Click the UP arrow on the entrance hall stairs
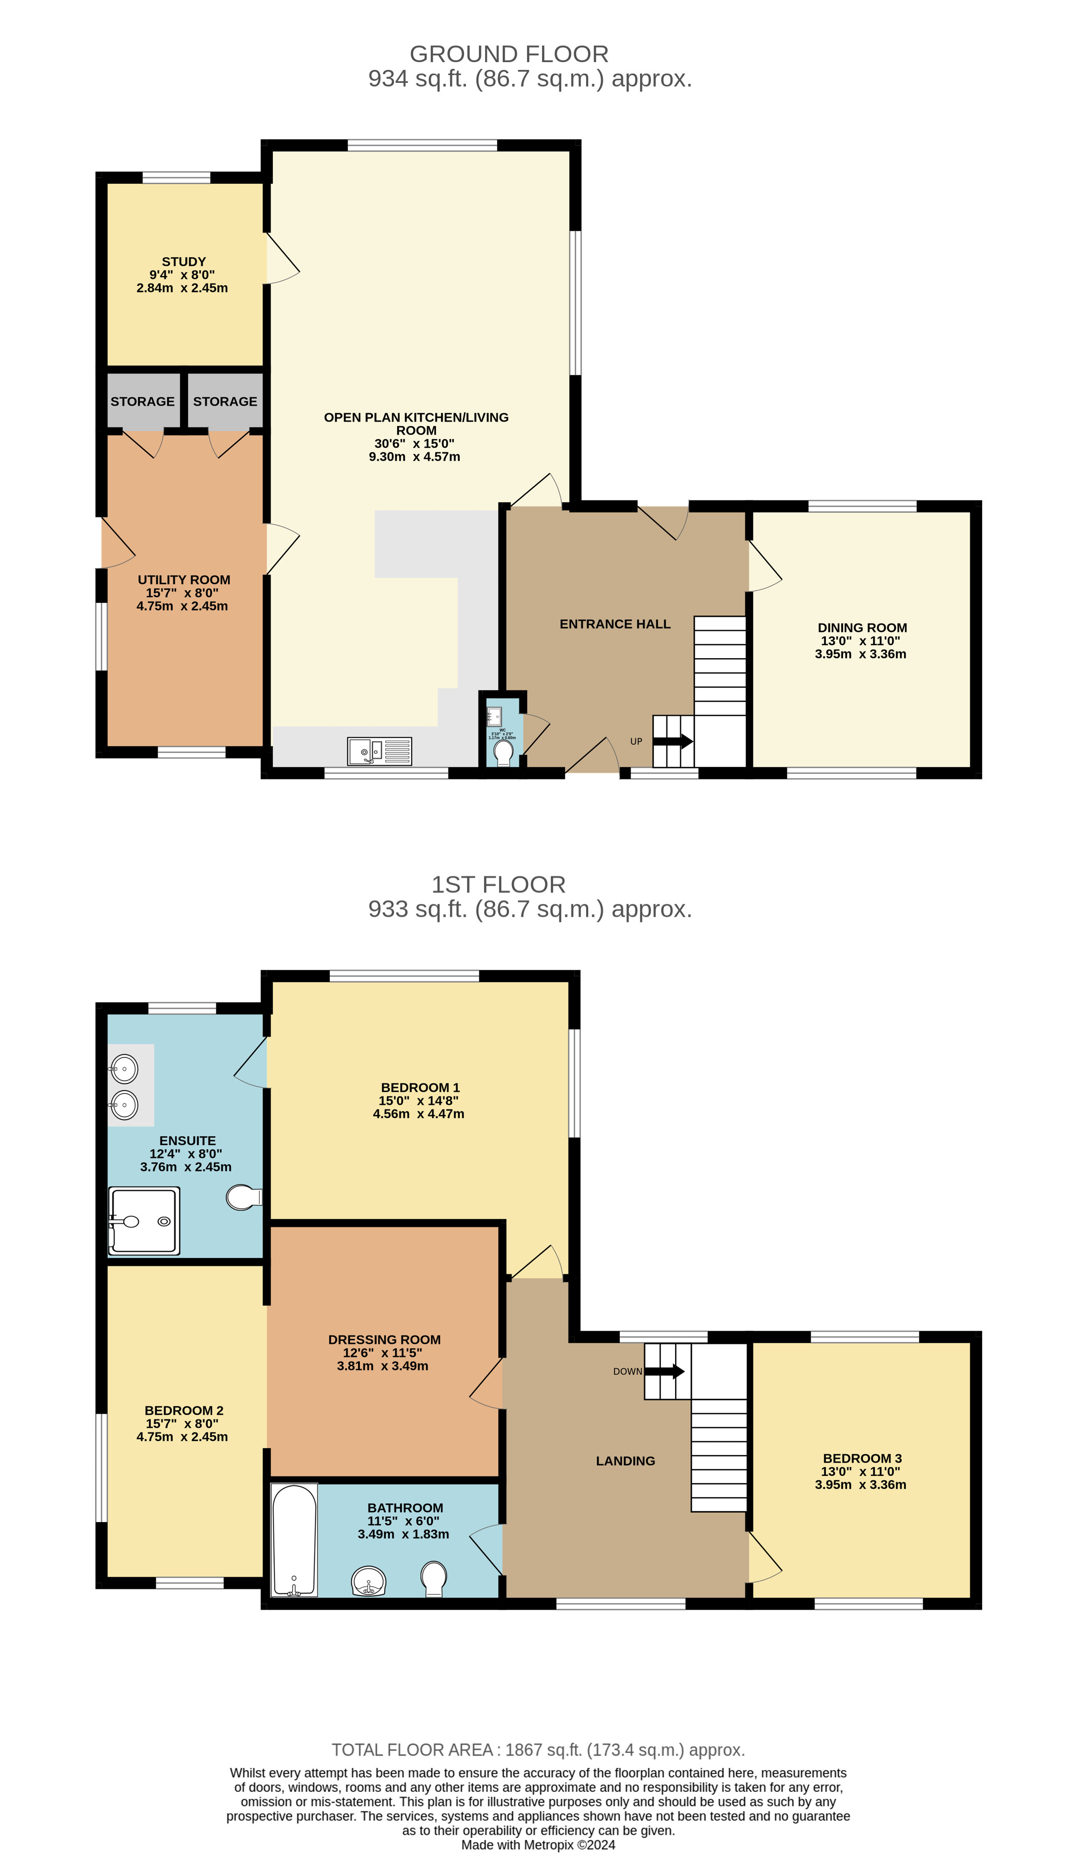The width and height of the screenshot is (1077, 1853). [x=673, y=741]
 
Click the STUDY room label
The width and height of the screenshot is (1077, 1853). [x=184, y=262]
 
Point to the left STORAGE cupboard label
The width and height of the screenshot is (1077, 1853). [x=142, y=401]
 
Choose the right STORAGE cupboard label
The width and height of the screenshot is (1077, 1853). [x=225, y=401]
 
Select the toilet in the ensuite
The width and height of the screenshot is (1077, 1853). [x=243, y=1197]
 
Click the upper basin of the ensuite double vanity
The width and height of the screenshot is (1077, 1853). [x=124, y=1068]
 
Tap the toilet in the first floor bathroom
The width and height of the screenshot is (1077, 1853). [x=434, y=1578]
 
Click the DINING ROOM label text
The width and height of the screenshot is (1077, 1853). [x=862, y=627]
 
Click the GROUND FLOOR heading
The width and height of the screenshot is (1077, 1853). [x=508, y=54]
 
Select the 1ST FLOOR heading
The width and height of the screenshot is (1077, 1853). [x=498, y=884]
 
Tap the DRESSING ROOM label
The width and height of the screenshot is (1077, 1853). [x=384, y=1339]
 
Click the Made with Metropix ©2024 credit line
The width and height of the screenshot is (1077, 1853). [x=537, y=1844]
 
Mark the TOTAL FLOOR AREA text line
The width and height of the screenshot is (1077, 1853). [x=537, y=1750]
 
